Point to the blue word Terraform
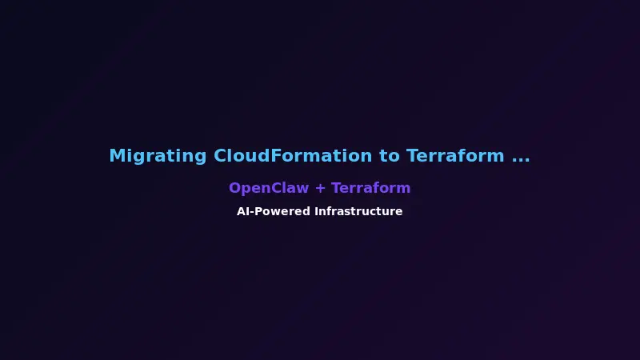click(x=455, y=156)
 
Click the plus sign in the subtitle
click(x=320, y=189)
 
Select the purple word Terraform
click(x=370, y=188)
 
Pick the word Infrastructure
click(x=358, y=212)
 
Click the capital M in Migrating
click(x=117, y=156)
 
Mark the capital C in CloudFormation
click(x=221, y=156)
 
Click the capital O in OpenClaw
click(x=235, y=188)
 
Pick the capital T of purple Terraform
click(x=336, y=188)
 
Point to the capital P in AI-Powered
click(x=262, y=212)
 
